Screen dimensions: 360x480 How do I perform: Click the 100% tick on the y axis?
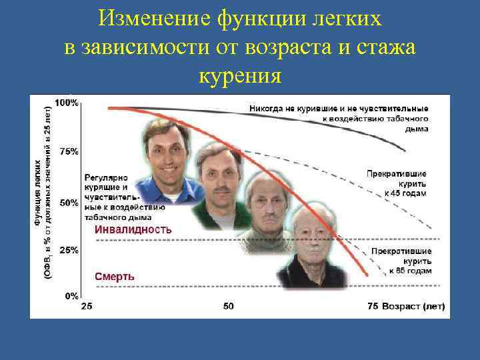pyautogui.click(x=67, y=103)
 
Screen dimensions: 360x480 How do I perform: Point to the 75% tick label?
pyautogui.click(x=69, y=152)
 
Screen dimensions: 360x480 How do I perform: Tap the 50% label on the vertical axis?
pyautogui.click(x=69, y=202)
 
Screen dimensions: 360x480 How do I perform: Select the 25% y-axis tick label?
pyautogui.click(x=69, y=251)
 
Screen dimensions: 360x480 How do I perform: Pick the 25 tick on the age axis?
pyautogui.click(x=87, y=307)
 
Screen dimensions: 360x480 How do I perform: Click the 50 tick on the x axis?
pyautogui.click(x=228, y=307)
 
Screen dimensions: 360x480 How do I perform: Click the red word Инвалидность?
pyautogui.click(x=133, y=229)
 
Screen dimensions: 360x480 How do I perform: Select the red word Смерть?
pyautogui.click(x=115, y=276)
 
